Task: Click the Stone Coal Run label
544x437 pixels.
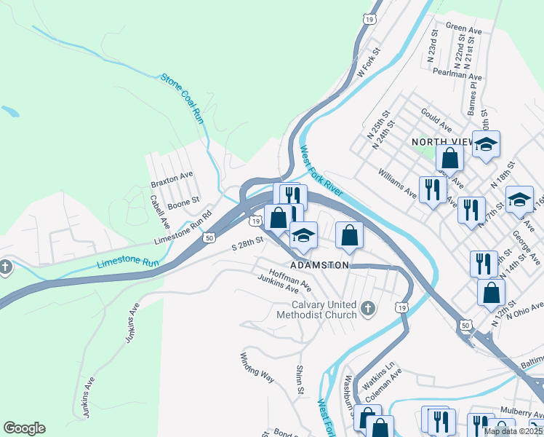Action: [x=182, y=98]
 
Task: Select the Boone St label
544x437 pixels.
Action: [x=183, y=202]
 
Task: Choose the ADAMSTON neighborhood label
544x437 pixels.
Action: [x=319, y=266]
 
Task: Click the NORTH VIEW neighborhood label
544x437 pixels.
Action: [x=440, y=142]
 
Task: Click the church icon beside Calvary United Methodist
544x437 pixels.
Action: [x=368, y=309]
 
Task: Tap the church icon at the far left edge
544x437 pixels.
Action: [x=6, y=267]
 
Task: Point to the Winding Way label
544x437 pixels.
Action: [x=257, y=368]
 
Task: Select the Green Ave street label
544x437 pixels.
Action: [x=465, y=28]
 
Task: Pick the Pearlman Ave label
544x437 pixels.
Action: [x=456, y=76]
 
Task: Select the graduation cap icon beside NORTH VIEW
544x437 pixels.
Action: [x=487, y=144]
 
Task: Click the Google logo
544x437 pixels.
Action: [x=24, y=428]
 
